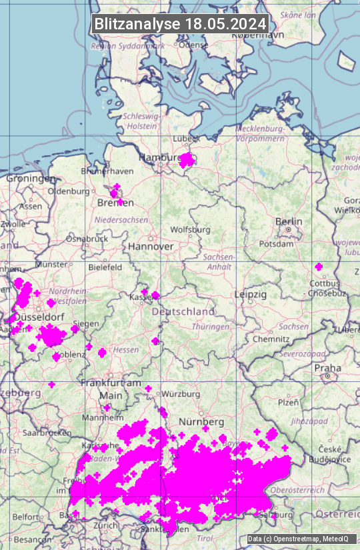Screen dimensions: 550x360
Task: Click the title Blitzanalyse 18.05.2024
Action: click(x=180, y=23)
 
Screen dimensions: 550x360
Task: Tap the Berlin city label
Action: click(x=289, y=221)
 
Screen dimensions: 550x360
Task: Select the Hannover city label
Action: click(x=151, y=246)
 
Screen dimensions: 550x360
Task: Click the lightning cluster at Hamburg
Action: click(x=187, y=159)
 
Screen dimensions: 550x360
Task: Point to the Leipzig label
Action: click(x=251, y=294)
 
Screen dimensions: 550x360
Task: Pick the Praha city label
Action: click(x=327, y=367)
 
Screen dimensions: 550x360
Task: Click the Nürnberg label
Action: click(x=201, y=422)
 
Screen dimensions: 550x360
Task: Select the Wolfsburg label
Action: click(x=190, y=229)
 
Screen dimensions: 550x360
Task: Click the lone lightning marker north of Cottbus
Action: click(x=319, y=267)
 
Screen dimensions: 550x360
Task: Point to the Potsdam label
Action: click(x=276, y=244)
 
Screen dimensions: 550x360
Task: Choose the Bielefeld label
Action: click(x=105, y=267)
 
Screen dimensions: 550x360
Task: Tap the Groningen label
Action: click(x=31, y=179)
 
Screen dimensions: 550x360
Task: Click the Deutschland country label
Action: click(x=183, y=311)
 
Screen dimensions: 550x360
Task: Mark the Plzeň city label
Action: click(x=288, y=402)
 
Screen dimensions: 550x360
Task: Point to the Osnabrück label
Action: click(x=87, y=238)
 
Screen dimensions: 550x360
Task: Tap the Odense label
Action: click(x=193, y=45)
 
